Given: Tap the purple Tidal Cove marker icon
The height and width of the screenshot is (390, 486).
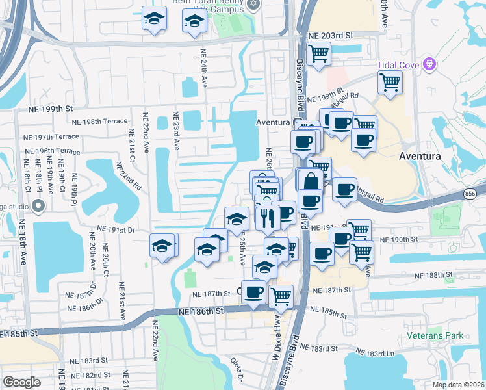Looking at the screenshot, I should [428, 64].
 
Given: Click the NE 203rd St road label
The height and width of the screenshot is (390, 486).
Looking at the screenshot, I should [331, 35].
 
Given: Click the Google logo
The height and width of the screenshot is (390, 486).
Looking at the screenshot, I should [21, 382].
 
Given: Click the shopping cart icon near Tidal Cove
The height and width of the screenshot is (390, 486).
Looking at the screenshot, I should [390, 82].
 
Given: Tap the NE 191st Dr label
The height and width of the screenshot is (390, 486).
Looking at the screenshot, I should [115, 229].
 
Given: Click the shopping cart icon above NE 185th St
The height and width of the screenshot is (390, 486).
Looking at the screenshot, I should [281, 296].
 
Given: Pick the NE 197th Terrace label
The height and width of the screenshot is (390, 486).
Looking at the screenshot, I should [57, 136].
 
